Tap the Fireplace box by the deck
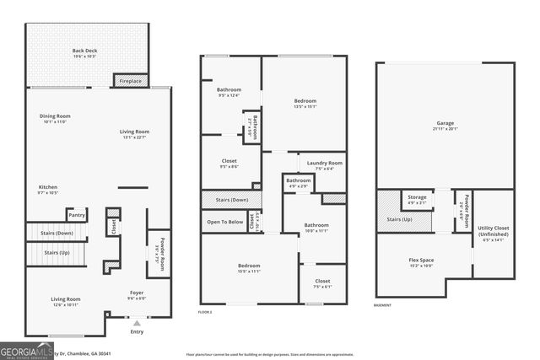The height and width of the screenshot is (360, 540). point(130,81)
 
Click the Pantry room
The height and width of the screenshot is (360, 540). point(77,217)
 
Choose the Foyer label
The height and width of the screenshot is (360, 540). point(136,295)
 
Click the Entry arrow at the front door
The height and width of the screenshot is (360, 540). point(137,322)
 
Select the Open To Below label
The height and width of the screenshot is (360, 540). point(225,222)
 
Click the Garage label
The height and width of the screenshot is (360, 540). point(445,125)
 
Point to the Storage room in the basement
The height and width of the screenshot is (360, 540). point(418,200)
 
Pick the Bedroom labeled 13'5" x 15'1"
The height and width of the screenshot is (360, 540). point(305,103)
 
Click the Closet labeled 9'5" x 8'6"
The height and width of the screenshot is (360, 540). point(229,163)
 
